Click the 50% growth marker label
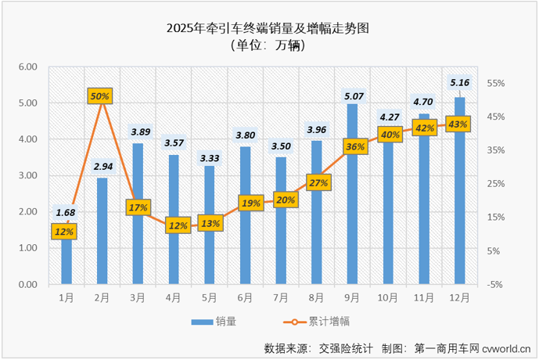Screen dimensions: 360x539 (101, 96)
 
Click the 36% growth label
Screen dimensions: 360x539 (354, 146)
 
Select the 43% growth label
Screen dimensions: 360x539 (459, 124)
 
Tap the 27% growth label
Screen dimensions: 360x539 (318, 182)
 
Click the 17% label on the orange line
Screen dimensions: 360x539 (138, 207)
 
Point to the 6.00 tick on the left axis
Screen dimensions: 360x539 (28, 67)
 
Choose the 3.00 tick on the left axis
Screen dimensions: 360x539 (28, 176)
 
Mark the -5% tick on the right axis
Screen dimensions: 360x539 (495, 285)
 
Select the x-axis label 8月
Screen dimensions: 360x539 (318, 298)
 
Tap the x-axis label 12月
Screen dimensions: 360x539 (460, 298)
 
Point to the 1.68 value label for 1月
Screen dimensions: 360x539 (66, 213)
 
